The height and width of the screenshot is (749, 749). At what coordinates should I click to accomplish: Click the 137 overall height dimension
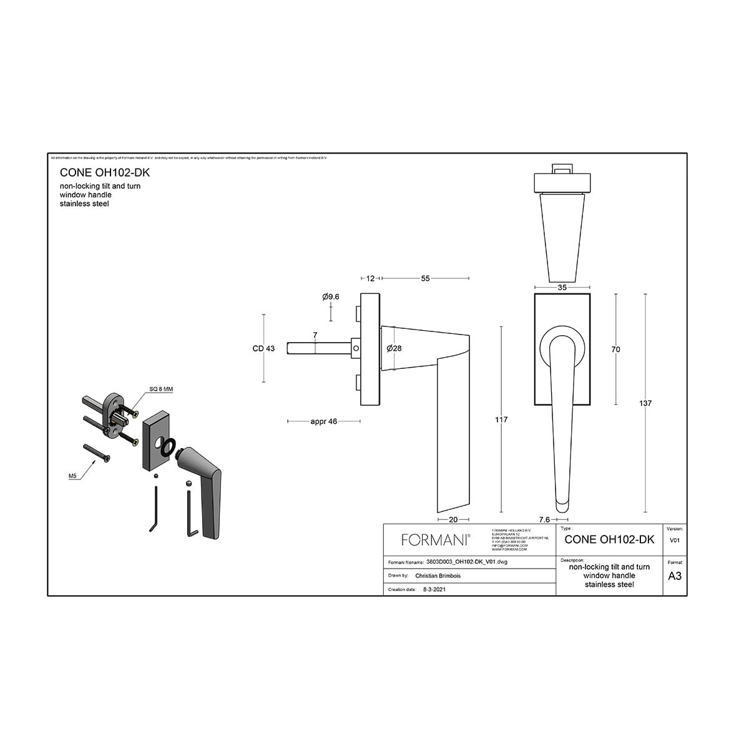point(645,403)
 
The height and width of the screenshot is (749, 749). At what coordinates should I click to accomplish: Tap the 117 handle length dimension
point(501,420)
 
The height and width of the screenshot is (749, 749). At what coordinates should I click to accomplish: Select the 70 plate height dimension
point(615,350)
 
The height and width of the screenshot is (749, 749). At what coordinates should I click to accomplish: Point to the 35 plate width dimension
point(562,288)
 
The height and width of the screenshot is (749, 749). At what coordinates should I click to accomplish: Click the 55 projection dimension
point(425,278)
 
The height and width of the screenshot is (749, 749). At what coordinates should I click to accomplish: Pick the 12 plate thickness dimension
point(370,278)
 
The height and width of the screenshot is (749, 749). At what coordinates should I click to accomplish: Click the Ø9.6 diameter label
point(331,297)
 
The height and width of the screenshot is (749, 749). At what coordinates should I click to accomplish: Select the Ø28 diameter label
point(394,348)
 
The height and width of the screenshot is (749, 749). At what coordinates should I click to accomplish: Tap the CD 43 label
point(263,348)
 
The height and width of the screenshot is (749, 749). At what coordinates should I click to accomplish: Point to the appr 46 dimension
point(323,421)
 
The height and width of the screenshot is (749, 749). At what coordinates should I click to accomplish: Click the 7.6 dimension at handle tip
point(544,519)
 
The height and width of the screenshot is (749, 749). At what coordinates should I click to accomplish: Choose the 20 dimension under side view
point(453,519)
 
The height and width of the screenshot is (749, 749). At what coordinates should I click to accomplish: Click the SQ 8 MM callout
point(160,389)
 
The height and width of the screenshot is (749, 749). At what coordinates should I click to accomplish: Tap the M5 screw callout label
point(72,477)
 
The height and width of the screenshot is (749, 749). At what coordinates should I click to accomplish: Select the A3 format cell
point(675,576)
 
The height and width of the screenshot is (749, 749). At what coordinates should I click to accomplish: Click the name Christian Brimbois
point(438,576)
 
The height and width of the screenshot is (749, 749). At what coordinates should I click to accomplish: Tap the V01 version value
point(675,541)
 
